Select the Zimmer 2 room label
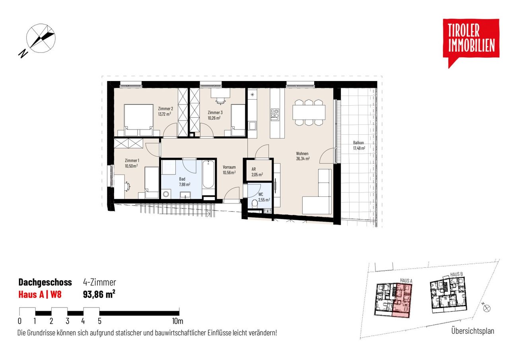pyautogui.click(x=165, y=109)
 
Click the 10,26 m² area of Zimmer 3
pyautogui.click(x=214, y=118)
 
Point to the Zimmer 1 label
pyautogui.click(x=132, y=161)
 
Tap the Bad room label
pyautogui.click(x=182, y=179)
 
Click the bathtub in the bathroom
pyautogui.click(x=208, y=174)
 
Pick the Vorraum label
pyautogui.click(x=229, y=167)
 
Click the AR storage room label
pyautogui.click(x=254, y=169)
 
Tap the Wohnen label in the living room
pyautogui.click(x=302, y=153)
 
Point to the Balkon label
pyautogui.click(x=358, y=143)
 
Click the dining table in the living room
pyautogui.click(x=309, y=112)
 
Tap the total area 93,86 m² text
pyautogui.click(x=99, y=294)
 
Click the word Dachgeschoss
pyautogui.click(x=45, y=282)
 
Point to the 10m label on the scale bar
pyautogui.click(x=177, y=321)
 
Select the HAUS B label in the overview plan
pyautogui.click(x=456, y=275)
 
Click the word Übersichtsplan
pyautogui.click(x=473, y=331)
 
